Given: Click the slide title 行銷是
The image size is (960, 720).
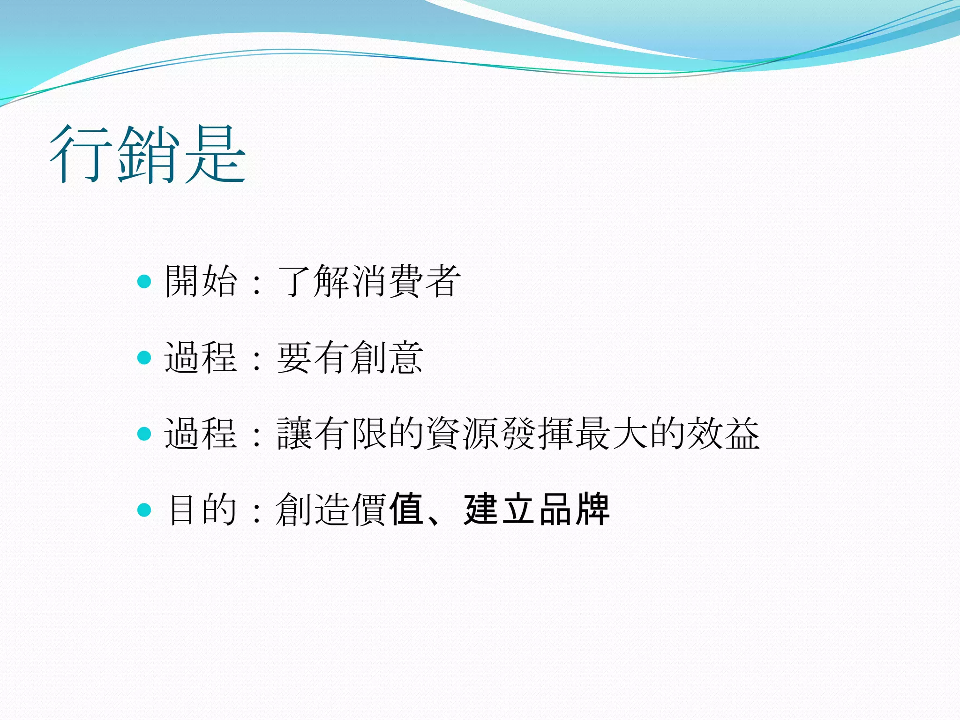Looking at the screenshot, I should tap(148, 155).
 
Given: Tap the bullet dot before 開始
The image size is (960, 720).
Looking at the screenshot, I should tap(144, 281).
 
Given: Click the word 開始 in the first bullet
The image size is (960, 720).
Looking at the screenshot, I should tap(201, 281).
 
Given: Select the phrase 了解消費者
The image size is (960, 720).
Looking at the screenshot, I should tap(369, 281).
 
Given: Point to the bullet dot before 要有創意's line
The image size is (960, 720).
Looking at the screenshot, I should tap(144, 358).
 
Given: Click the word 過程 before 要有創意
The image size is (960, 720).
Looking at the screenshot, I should tap(201, 358).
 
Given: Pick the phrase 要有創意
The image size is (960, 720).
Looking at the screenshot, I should tap(350, 358).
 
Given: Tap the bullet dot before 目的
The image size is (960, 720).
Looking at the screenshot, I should tap(144, 510).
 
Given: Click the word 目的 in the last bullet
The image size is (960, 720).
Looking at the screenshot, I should tap(202, 510).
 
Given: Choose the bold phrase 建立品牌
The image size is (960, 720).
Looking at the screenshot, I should tap(537, 510).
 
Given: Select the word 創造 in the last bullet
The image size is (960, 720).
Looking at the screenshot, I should tap(313, 510).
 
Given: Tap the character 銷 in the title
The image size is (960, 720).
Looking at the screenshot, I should tap(149, 155).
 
